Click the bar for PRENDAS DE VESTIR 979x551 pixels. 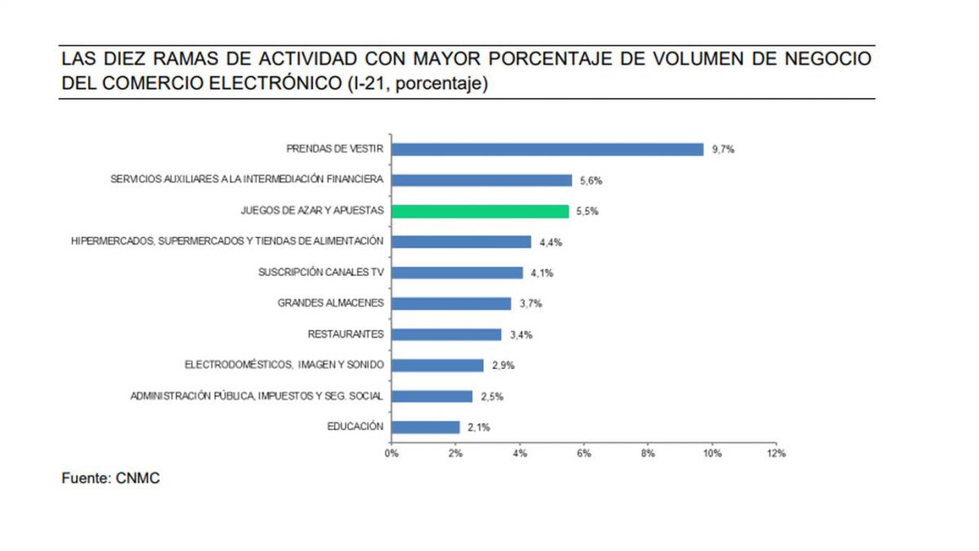tap(547, 149)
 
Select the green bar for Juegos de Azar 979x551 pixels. tap(481, 211)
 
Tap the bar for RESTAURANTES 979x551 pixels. tap(446, 335)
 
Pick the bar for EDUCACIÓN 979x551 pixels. tap(426, 427)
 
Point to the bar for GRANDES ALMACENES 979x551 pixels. tap(451, 304)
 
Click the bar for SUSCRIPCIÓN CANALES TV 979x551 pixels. tap(458, 273)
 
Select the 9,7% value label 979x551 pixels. tap(723, 149)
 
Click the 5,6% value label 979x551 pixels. tap(591, 180)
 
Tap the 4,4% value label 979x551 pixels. tap(551, 242)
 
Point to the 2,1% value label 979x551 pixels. tap(479, 427)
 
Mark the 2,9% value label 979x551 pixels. tap(503, 366)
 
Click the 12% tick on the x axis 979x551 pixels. tap(776, 454)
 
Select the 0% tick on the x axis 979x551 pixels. tap(392, 454)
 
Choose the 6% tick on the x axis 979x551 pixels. tap(584, 454)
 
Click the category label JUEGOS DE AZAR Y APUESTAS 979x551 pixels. tap(312, 211)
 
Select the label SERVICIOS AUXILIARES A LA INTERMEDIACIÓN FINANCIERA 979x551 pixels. tap(247, 180)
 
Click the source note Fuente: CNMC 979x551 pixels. tap(111, 478)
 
